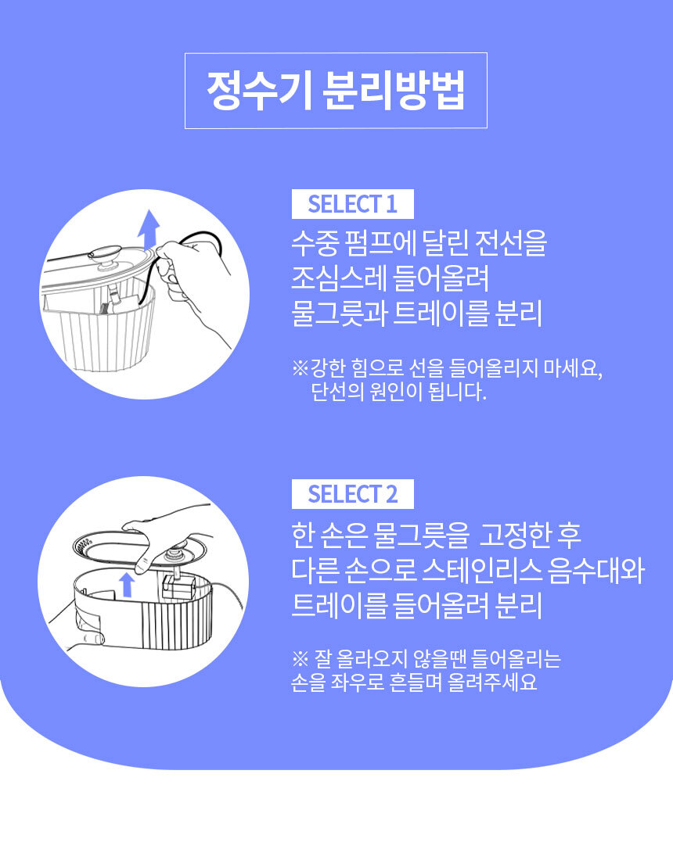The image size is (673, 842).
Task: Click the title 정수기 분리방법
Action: coord(336,90)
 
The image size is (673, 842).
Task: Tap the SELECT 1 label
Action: coord(353,204)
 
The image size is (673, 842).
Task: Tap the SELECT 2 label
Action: coord(353,494)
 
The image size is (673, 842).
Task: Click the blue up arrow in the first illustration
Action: coord(149,229)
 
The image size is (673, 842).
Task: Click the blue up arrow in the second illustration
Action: coord(127,584)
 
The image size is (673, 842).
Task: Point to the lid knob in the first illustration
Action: coord(106,256)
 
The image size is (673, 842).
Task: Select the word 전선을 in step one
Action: coord(511,243)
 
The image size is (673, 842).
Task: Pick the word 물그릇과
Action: coord(339,313)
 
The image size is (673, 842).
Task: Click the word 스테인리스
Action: coord(481,570)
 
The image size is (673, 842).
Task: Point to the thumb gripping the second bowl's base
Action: coord(92,637)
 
